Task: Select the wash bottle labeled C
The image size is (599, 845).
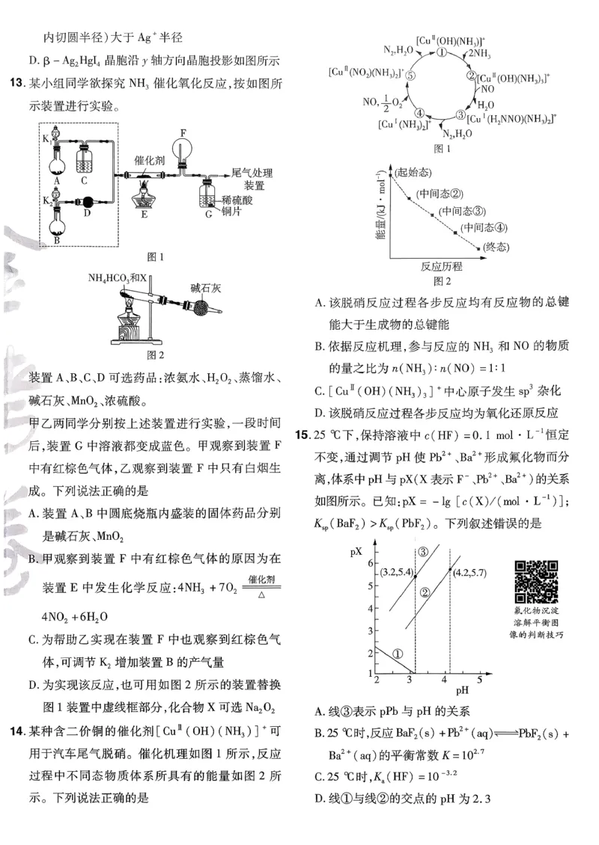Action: point(85,160)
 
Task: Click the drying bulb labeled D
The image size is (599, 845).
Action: point(87,201)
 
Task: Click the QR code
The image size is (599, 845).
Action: point(537,581)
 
